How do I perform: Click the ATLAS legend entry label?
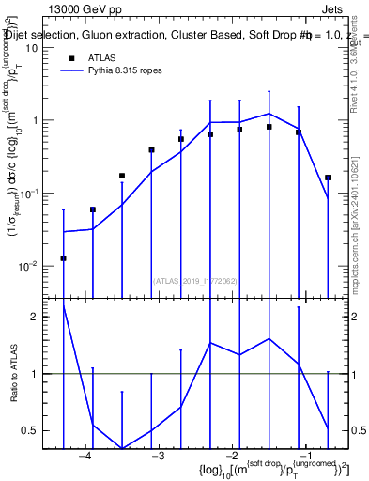[x=102, y=58]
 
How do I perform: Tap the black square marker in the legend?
[x=71, y=58]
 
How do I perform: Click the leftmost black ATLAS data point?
[x=63, y=257]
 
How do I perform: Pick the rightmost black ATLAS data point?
[x=328, y=178]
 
